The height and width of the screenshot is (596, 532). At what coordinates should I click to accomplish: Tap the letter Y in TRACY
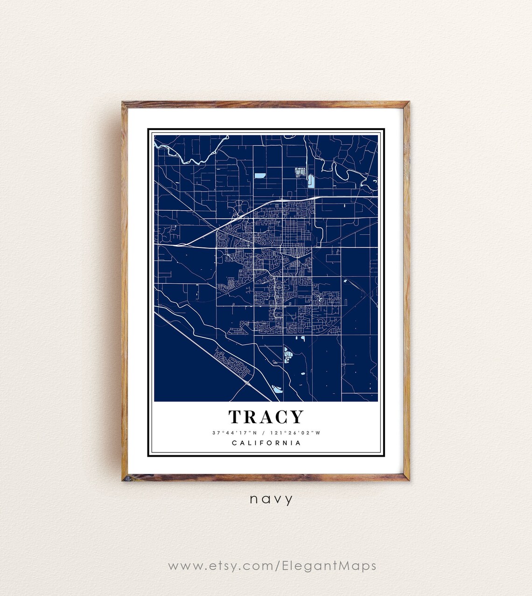[x=297, y=417]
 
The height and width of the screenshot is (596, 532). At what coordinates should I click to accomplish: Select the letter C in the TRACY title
[x=281, y=417]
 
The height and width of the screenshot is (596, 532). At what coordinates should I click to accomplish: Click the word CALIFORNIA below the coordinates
[x=266, y=443]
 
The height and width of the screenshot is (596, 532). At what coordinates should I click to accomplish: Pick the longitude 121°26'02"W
[x=295, y=432]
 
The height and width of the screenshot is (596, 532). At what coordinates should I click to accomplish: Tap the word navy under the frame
[x=271, y=500]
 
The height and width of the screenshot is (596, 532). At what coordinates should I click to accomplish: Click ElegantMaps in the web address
[x=329, y=566]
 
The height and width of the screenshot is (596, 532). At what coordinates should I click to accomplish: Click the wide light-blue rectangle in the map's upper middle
[x=260, y=176]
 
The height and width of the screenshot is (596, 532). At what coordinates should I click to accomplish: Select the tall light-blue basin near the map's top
[x=311, y=180]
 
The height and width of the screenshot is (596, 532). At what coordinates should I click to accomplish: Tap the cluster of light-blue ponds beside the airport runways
[x=288, y=357]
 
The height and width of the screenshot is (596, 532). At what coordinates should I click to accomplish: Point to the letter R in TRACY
[x=251, y=417]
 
